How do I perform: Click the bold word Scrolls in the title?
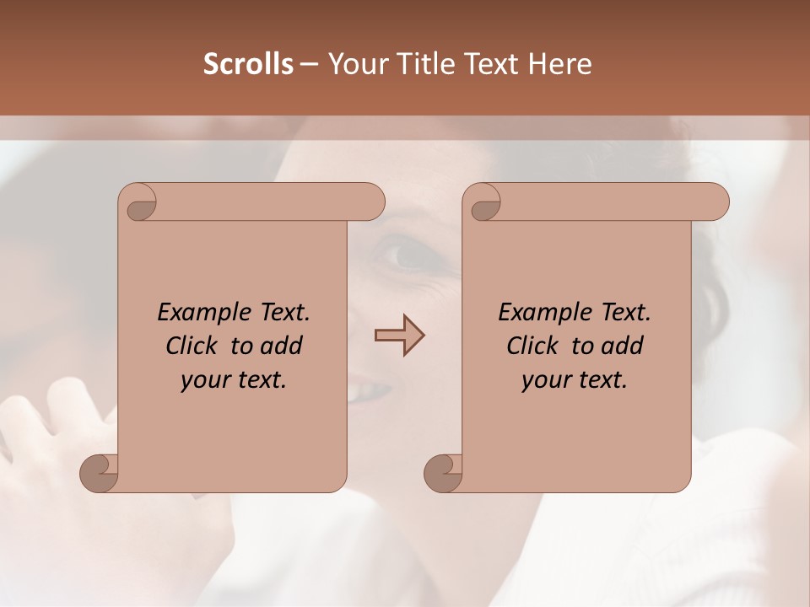(248, 64)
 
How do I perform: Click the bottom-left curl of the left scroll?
(100, 472)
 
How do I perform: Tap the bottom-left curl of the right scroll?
(443, 472)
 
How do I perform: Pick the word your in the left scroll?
(204, 380)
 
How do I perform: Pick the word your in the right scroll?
(545, 380)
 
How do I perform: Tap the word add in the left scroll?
(281, 346)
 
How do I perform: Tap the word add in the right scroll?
(622, 346)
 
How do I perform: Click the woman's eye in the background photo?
(408, 252)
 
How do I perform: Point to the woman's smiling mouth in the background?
(371, 391)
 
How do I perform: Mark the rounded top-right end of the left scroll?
(371, 202)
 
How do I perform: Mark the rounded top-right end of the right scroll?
(715, 202)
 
